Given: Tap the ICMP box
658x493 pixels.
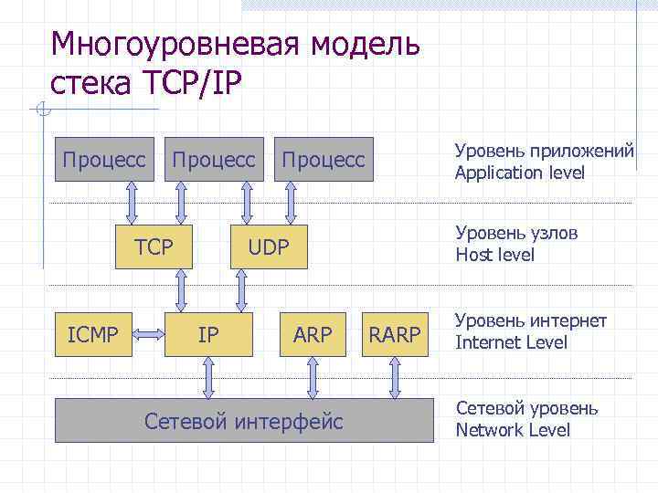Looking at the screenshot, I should coord(93,334).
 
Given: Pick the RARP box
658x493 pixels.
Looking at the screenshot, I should coord(394,334).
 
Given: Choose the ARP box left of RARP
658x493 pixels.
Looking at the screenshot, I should coord(313,334).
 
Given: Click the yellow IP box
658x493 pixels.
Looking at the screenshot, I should coord(208,334).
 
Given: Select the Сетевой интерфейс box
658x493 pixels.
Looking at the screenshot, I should coord(244,421).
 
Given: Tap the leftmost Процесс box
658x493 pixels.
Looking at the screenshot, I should coord(103,160).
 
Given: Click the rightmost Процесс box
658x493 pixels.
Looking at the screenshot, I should coord(323,160).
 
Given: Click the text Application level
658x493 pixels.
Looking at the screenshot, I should coord(519,173).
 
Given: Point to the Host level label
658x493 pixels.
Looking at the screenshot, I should coord(494,256).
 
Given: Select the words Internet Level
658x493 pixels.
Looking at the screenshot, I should coord(511,343).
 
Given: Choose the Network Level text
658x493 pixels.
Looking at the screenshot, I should coord(512,430).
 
